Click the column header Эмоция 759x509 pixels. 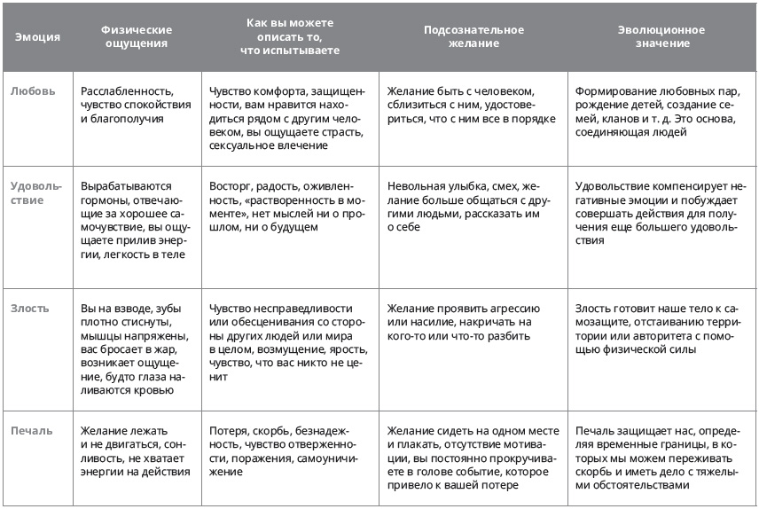click(37, 37)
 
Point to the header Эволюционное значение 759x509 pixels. click(661, 36)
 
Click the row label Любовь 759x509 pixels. click(32, 91)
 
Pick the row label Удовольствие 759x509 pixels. click(38, 193)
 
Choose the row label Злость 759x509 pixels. click(30, 309)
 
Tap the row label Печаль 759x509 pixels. click(32, 431)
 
